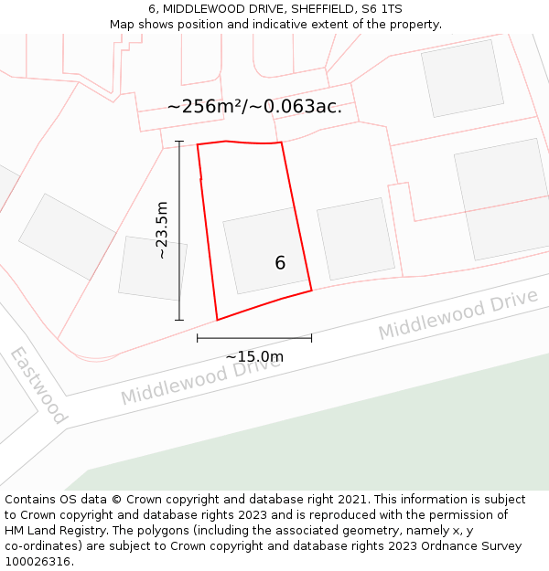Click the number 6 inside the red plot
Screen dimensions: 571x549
pyautogui.click(x=280, y=263)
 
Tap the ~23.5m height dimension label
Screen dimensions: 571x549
pyautogui.click(x=162, y=230)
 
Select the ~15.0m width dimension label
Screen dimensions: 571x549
pyautogui.click(x=254, y=356)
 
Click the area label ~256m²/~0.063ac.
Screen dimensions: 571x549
pyautogui.click(x=254, y=106)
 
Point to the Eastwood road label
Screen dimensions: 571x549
pyautogui.click(x=39, y=385)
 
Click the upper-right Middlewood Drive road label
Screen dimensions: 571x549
pyautogui.click(x=457, y=314)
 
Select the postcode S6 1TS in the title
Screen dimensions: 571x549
pyautogui.click(x=381, y=9)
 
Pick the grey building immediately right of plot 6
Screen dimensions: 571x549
pyautogui.click(x=355, y=238)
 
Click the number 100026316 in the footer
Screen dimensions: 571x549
pyautogui.click(x=37, y=561)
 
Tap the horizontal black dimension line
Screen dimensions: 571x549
pyautogui.click(x=254, y=338)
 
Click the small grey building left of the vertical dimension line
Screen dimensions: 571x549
pyautogui.click(x=153, y=268)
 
